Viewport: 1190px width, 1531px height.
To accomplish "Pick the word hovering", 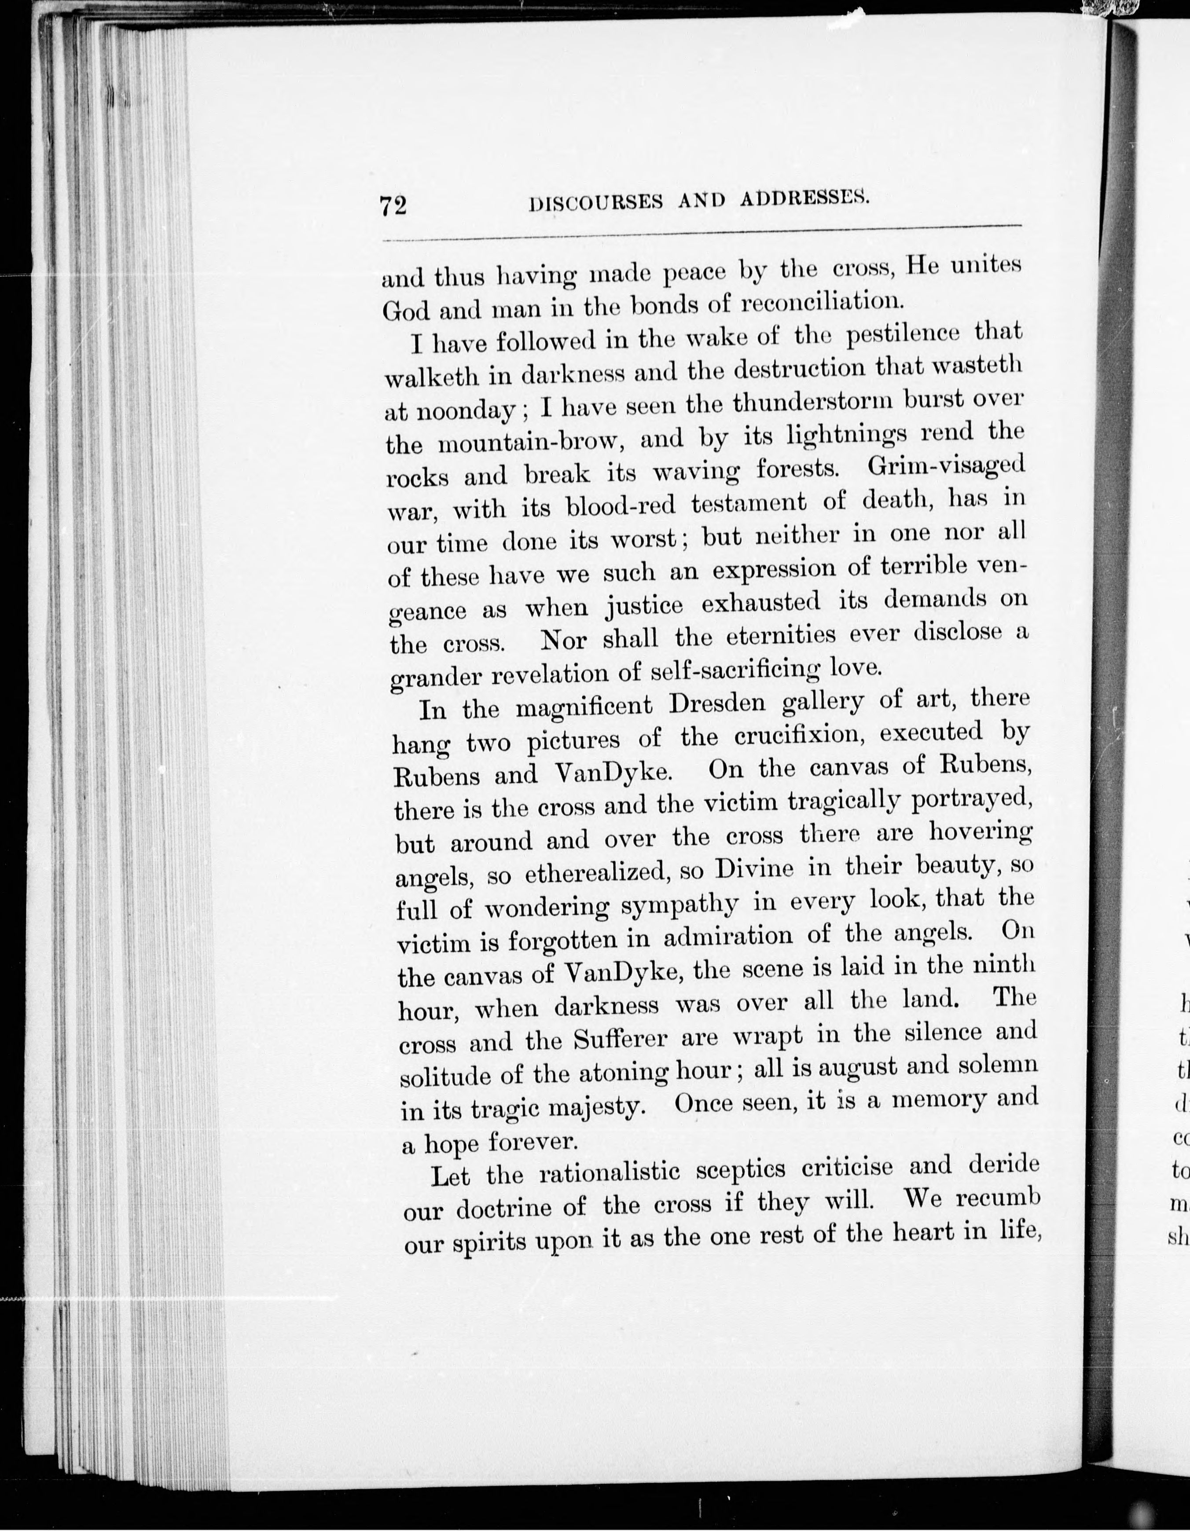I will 981,832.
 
